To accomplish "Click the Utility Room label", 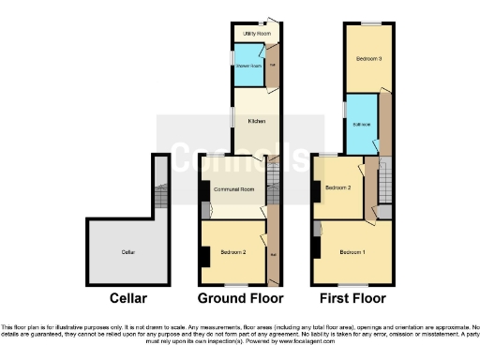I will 250,34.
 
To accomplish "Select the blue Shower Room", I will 248,65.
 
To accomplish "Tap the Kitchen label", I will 256,122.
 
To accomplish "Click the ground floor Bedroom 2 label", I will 233,252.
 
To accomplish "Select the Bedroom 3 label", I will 367,59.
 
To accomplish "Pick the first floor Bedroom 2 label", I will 337,188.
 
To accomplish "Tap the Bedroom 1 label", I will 353,252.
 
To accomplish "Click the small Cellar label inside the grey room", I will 127,252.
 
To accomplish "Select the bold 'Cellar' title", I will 127,299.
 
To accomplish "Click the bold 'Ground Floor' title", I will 240,299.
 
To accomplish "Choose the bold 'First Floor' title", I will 353,299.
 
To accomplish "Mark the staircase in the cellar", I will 159,195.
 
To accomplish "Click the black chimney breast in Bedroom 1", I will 317,248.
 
